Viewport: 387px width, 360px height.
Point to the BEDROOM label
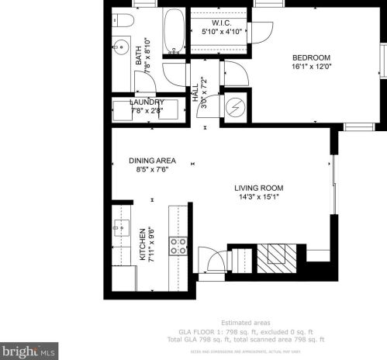click(311, 58)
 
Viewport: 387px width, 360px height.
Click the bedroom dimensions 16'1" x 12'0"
click(311, 67)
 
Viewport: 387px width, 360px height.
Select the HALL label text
click(195, 94)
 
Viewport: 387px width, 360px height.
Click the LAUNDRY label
click(147, 102)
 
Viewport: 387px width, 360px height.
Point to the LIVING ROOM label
click(259, 188)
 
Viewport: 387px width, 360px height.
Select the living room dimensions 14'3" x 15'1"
click(259, 197)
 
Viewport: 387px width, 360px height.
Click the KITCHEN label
click(142, 245)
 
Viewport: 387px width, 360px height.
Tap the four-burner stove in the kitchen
click(178, 247)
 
